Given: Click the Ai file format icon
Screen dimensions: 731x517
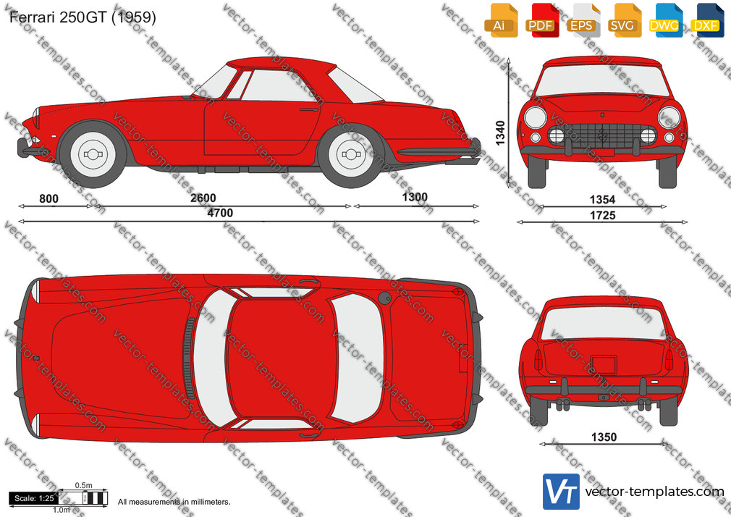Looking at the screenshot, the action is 501,20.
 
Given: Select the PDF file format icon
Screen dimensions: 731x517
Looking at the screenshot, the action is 542,20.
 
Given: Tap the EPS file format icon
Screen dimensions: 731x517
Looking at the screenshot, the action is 583,20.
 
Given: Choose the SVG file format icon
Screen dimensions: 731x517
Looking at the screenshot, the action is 624,20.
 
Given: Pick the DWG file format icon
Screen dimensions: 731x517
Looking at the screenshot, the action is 665,20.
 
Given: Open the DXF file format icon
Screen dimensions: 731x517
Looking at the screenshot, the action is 707,20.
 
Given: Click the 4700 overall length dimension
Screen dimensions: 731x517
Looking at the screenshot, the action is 220,213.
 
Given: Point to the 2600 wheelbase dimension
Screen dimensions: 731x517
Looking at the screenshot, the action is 203,198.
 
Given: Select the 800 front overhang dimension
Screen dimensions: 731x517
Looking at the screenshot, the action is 48,199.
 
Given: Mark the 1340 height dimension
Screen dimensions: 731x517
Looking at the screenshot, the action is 500,133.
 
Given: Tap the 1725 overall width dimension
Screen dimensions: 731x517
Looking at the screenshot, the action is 602,215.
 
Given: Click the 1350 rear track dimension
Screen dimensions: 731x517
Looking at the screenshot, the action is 604,437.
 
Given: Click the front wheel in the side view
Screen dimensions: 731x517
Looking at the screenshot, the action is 93,154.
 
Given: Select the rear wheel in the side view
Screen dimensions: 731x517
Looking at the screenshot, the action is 351,154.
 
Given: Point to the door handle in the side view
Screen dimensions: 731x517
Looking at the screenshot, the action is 308,110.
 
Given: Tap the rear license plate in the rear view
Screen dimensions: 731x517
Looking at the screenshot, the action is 604,365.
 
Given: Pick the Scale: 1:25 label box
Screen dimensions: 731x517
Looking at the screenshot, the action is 34,498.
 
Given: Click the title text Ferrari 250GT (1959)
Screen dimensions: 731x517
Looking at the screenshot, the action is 83,17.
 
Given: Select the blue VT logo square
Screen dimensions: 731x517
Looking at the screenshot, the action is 561,492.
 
